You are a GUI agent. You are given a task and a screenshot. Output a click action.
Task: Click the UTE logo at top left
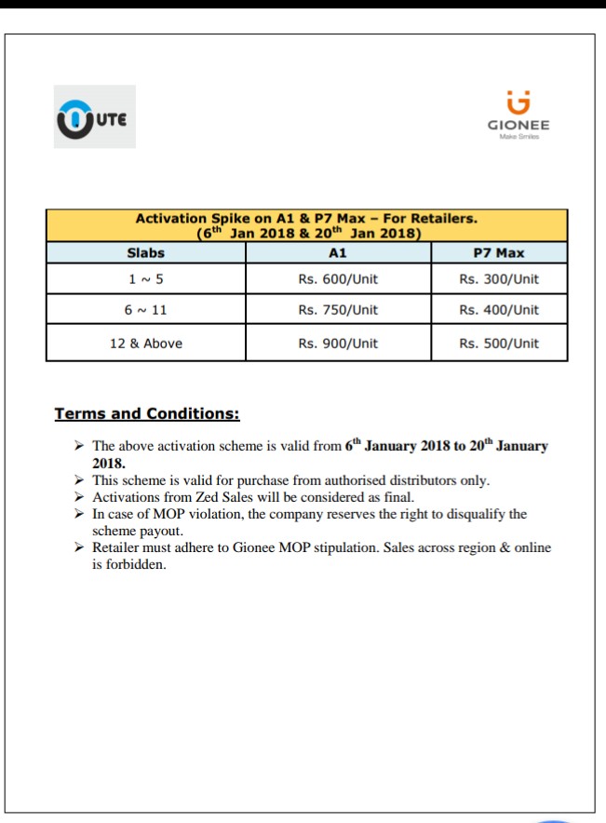[95, 117]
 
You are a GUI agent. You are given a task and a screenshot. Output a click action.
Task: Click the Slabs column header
[145, 252]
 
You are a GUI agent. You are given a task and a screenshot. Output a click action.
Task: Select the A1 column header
[338, 252]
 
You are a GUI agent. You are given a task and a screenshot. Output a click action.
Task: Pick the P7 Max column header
[499, 252]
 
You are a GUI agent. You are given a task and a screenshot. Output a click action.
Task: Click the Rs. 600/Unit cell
[338, 279]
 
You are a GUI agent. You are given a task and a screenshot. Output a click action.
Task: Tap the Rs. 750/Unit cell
[338, 310]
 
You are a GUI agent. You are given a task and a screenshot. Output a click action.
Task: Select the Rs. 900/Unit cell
[338, 344]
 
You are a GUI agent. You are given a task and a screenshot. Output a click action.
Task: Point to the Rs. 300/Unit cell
[499, 279]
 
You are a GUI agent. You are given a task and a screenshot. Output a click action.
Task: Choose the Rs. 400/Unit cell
[499, 310]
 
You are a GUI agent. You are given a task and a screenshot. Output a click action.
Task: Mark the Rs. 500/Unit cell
[499, 344]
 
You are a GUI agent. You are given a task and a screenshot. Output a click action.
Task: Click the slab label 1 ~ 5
[145, 279]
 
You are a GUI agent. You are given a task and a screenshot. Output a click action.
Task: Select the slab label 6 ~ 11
[145, 310]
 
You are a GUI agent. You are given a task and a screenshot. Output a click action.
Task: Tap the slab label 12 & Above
[145, 344]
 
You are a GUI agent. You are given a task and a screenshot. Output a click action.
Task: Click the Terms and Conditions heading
[147, 413]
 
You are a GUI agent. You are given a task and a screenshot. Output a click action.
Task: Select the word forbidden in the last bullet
[135, 564]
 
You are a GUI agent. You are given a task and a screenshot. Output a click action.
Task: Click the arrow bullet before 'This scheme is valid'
[80, 480]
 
